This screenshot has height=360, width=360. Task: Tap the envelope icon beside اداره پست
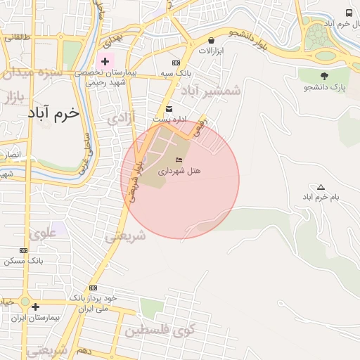169,108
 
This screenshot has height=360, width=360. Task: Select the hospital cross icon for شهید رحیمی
105,61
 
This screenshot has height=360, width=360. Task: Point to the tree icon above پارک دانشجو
324,76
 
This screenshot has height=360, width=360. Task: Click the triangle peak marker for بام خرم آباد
321,187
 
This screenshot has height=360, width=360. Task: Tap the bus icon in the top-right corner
349,13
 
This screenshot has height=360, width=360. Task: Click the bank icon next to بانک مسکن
24,250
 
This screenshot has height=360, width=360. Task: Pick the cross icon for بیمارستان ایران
35,307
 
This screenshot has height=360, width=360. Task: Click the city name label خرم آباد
54,112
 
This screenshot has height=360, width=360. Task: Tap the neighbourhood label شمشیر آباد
211,91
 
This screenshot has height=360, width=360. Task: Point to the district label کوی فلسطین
160,330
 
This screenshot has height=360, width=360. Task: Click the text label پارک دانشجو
324,87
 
